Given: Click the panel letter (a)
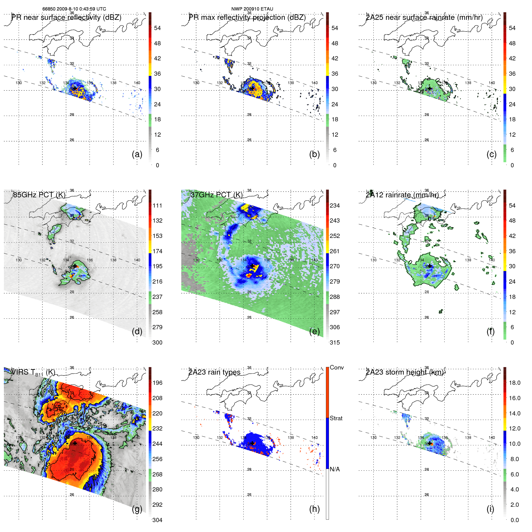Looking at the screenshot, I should click(x=137, y=154).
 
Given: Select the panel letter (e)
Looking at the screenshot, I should click(x=314, y=331).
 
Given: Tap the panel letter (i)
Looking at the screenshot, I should click(x=490, y=509).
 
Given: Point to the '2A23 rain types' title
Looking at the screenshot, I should click(x=214, y=372).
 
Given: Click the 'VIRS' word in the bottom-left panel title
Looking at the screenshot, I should click(x=20, y=372).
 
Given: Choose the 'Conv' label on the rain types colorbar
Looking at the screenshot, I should click(x=337, y=367).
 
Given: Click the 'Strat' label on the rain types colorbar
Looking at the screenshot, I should click(x=336, y=418).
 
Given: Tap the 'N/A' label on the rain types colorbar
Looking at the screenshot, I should click(x=335, y=469).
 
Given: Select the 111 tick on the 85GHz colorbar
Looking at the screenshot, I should click(x=157, y=205).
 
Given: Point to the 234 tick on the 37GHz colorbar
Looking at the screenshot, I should click(x=335, y=205).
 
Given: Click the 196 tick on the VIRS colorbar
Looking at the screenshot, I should click(x=157, y=383).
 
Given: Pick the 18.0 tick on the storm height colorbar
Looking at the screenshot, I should click(x=515, y=383).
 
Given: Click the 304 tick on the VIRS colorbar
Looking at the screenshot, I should click(x=157, y=520).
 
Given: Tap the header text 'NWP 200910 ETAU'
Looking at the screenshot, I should click(x=252, y=9).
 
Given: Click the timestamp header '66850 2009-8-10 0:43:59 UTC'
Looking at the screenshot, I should click(x=74, y=9).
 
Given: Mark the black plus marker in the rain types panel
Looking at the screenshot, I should click(x=252, y=443).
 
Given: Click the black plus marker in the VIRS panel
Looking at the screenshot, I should click(x=75, y=443).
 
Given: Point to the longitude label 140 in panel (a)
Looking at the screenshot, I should click(x=137, y=83).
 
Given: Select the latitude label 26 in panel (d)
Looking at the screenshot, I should click(x=72, y=317).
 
